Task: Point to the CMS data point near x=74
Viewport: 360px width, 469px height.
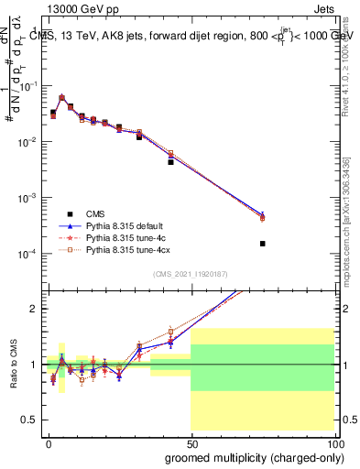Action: coord(262,244)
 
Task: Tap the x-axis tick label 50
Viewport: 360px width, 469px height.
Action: coord(191,442)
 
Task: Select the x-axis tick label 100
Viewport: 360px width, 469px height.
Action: coord(334,442)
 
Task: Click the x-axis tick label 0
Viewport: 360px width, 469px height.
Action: coord(49,442)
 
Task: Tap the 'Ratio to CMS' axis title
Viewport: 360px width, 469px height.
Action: coord(12,364)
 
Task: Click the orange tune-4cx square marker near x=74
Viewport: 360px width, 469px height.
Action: coord(262,218)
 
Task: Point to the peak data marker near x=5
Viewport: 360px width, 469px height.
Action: coord(61,97)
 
